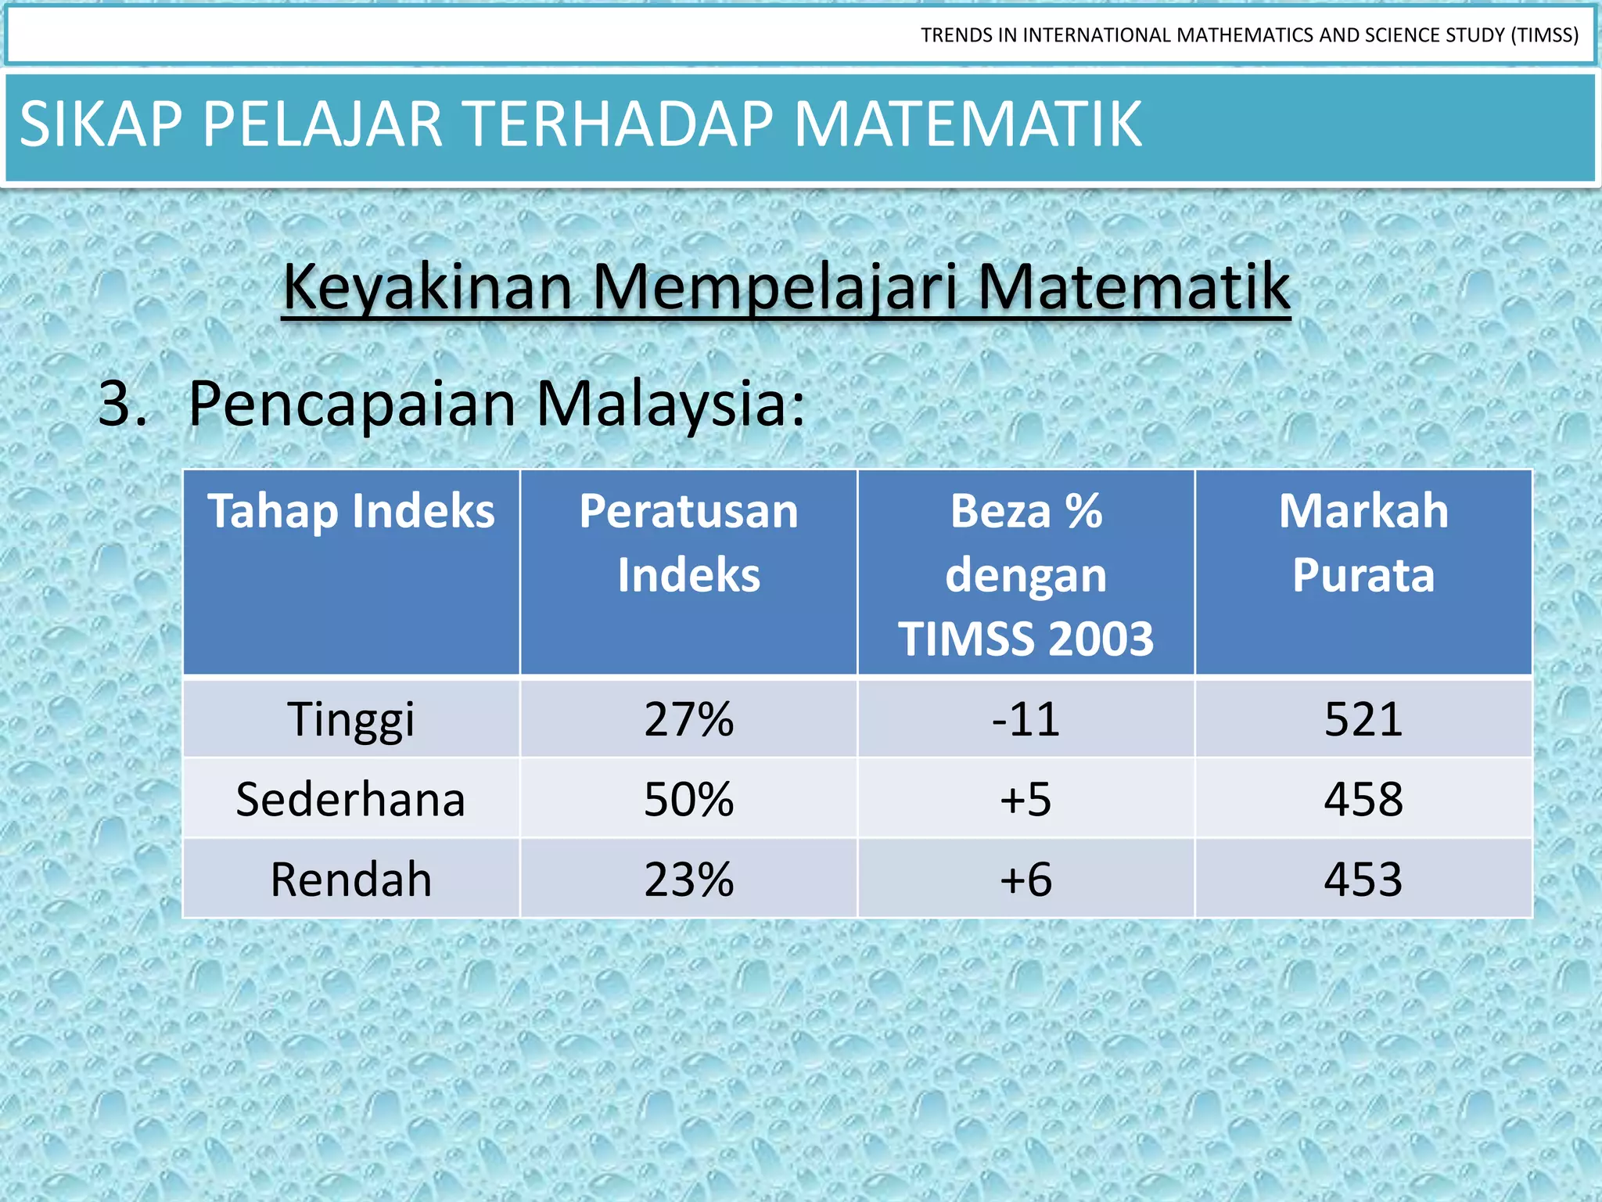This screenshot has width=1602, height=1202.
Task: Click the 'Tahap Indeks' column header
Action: point(351,512)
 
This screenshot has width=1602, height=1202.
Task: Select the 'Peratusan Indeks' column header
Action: point(688,543)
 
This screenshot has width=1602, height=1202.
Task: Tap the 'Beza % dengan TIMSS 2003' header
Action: point(1025,574)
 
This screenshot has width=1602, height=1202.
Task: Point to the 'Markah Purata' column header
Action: point(1363,543)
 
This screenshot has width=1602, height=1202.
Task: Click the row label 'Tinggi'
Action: point(351,719)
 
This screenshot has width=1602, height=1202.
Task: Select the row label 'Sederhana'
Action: point(351,800)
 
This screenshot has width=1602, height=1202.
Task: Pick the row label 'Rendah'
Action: point(351,880)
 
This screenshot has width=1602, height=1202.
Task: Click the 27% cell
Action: point(688,719)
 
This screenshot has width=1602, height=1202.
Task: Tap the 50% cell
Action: point(688,800)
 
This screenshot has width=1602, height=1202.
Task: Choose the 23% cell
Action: point(688,880)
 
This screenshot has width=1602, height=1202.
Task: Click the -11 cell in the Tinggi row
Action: point(1025,719)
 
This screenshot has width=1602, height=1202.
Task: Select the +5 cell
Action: point(1025,800)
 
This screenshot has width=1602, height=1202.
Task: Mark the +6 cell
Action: point(1025,880)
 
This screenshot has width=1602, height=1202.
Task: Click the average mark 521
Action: point(1363,719)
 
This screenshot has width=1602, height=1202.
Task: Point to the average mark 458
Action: point(1363,800)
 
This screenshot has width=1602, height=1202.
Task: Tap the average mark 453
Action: point(1363,880)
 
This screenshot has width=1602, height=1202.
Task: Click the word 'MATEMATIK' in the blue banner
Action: point(968,124)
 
